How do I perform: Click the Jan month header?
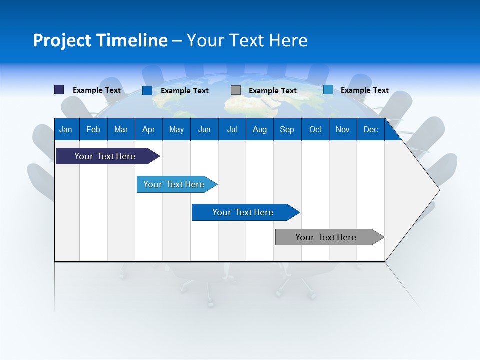(x=66, y=129)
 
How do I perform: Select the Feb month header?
(x=93, y=129)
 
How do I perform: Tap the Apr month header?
(x=148, y=129)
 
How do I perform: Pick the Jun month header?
(x=204, y=129)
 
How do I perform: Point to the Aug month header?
(x=259, y=129)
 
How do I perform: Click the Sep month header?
(x=287, y=129)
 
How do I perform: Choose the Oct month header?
(x=315, y=129)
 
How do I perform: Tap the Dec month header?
(x=370, y=129)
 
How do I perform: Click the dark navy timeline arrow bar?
(x=105, y=156)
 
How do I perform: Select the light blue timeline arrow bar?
(x=174, y=184)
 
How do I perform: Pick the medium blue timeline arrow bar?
(x=243, y=212)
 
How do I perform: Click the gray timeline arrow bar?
(x=326, y=237)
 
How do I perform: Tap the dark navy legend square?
(x=59, y=90)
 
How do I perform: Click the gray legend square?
(x=236, y=90)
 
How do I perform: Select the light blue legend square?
(x=328, y=90)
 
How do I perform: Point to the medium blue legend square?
(x=147, y=90)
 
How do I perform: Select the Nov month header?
(x=343, y=129)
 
